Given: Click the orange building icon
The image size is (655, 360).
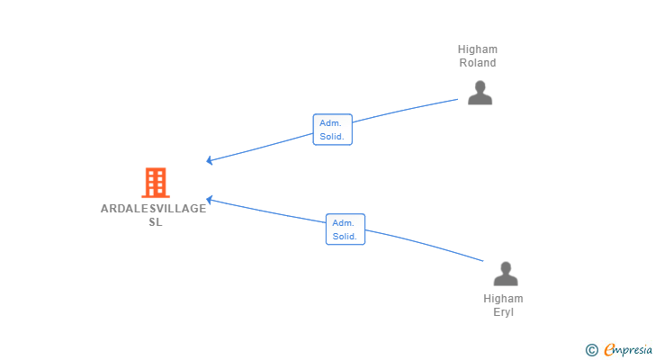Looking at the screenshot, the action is tap(156, 183).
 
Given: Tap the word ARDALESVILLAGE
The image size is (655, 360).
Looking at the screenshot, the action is tap(153, 209).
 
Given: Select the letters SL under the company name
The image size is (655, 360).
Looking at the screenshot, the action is tap(156, 222).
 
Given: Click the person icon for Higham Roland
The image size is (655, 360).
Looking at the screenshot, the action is tap(480, 93).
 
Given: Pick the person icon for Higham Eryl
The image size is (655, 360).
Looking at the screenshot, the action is tap(506, 274).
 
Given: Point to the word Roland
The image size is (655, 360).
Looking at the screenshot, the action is tap(478, 63).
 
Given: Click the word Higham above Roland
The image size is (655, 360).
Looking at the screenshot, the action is tap(478, 49).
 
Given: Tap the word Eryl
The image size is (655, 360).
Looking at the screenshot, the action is tap(503, 312).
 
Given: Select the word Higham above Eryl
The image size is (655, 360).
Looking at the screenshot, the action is tap(503, 299).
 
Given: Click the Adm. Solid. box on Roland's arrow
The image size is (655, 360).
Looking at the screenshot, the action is tap(333, 130).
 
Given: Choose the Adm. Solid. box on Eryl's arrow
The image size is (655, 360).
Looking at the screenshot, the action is tap(345, 229).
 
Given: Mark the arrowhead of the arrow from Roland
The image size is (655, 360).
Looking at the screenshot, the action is tap(208, 160).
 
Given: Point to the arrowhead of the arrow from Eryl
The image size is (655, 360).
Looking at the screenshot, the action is tap(208, 200).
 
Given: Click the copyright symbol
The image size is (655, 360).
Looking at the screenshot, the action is tap(591, 350).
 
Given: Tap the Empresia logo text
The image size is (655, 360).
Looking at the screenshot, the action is tap(628, 349).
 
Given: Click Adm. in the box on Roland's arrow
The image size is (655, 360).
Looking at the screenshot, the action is tap(330, 123).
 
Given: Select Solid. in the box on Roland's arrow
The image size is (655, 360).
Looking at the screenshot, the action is tap(332, 137).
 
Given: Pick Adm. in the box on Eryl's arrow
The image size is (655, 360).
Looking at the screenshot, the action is tap(344, 223).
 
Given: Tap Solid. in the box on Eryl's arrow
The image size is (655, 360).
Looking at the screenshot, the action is tap(345, 237).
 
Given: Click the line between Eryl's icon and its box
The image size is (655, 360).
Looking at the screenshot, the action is tap(425, 244).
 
